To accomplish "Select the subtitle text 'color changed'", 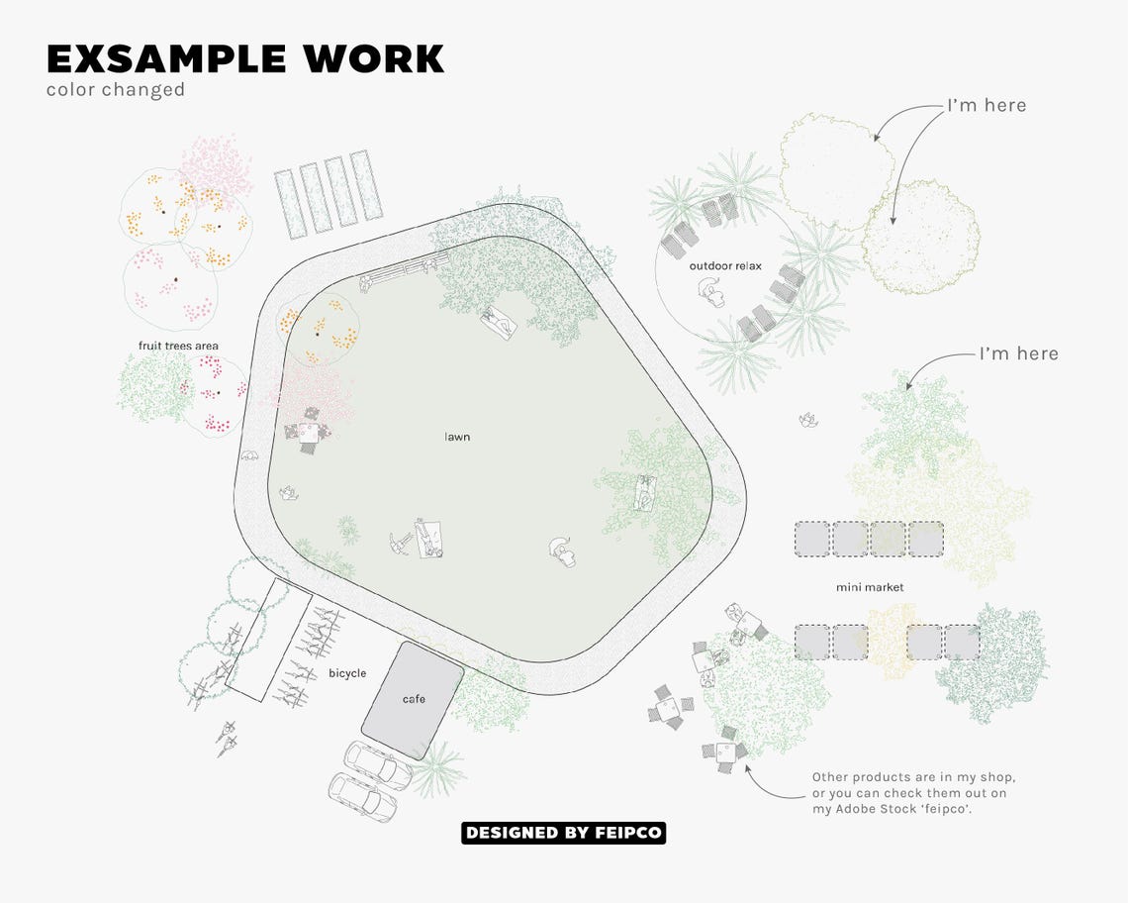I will tap(115, 89).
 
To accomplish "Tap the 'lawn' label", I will tap(457, 436).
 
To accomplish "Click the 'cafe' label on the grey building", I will tap(414, 699).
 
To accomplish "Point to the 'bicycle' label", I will tap(347, 673).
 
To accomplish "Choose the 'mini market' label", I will tap(870, 587).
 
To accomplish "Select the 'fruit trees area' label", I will tap(178, 346).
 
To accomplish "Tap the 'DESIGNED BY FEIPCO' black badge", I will tap(563, 833).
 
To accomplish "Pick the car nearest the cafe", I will tap(377, 764).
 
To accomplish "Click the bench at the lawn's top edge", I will tap(403, 269).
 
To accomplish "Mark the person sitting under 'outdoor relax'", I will tap(710, 291).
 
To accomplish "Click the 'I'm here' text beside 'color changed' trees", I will tap(987, 105).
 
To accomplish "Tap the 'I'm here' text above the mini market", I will tap(1018, 353).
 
